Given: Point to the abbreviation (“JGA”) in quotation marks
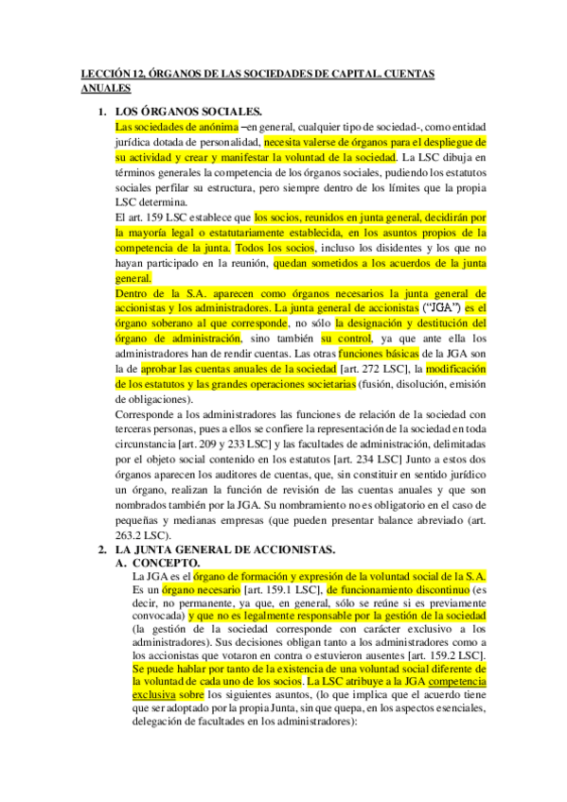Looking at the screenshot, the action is click(442, 308).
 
